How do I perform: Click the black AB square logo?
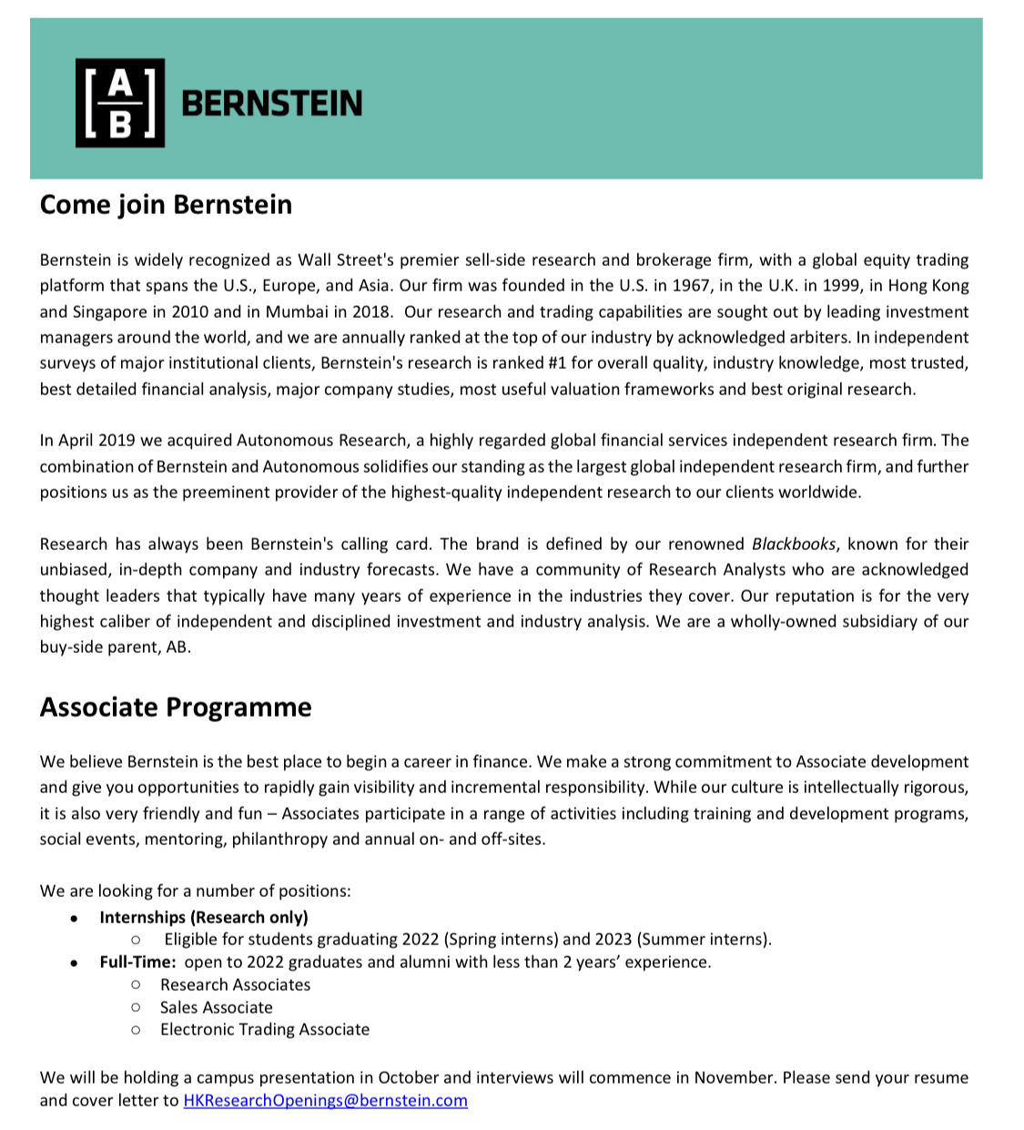[120, 103]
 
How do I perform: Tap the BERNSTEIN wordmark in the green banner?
[272, 104]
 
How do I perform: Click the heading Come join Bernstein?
[166, 205]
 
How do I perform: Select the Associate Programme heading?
[176, 708]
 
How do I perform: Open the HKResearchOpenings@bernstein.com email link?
[325, 1100]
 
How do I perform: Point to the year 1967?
[690, 286]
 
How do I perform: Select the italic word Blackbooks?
[793, 545]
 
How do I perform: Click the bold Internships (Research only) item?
[204, 917]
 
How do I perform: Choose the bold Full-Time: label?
[137, 962]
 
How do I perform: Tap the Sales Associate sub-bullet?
[217, 1007]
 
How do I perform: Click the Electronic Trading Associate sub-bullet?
[265, 1030]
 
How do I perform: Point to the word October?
[409, 1078]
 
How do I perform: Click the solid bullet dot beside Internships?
[74, 918]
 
